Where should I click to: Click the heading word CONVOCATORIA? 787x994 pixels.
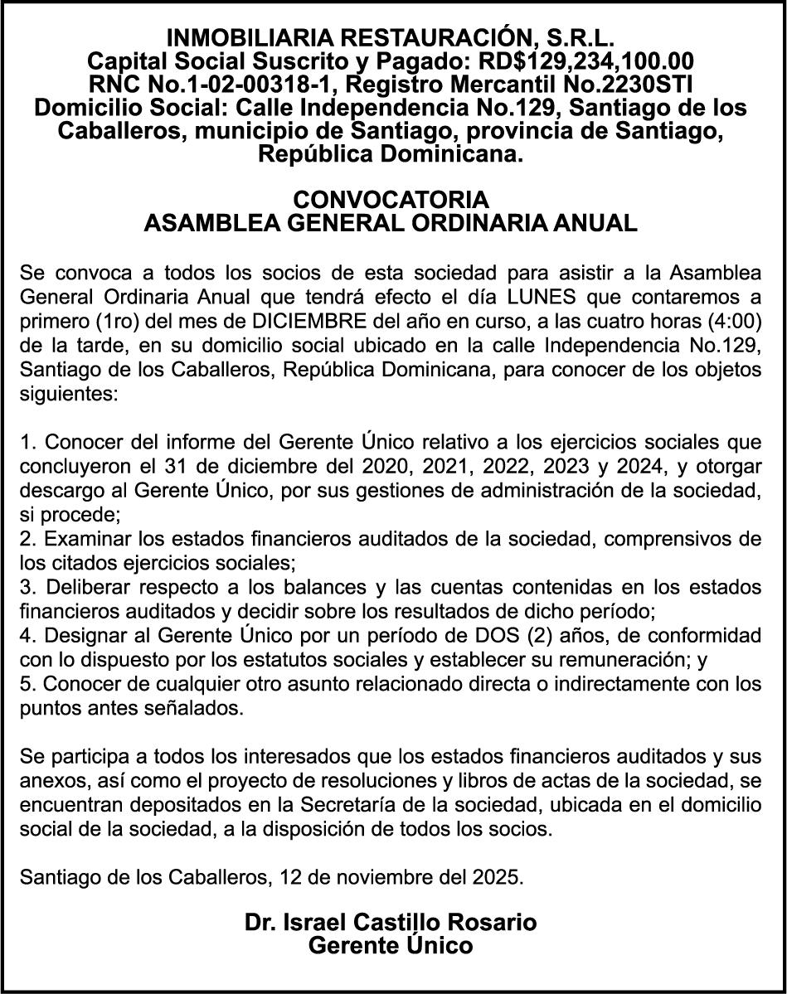click(391, 200)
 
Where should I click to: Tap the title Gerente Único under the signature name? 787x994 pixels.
click(391, 945)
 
